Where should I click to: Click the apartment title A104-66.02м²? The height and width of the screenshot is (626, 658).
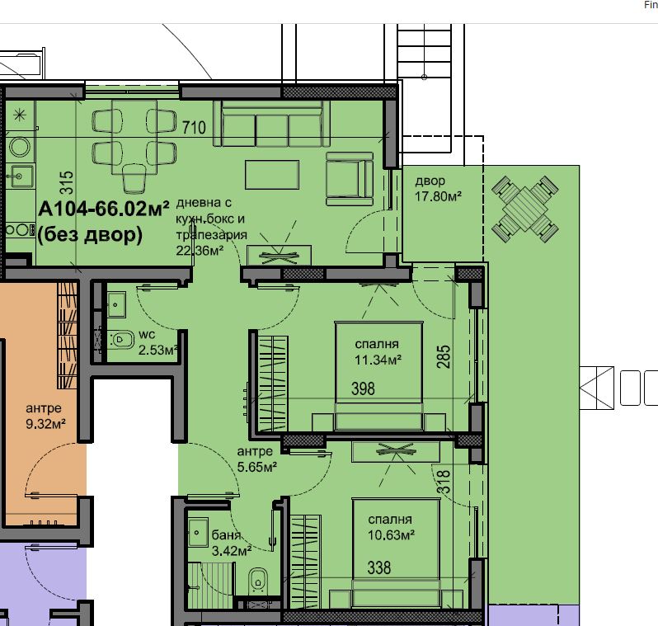104,209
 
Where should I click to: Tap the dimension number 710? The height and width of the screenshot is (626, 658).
194,128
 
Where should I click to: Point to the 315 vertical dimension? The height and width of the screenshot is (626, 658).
67,182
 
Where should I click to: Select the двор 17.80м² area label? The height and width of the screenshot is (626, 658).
438,189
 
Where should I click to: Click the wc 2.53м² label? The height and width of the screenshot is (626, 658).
157,342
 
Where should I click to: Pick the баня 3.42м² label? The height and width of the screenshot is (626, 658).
231,543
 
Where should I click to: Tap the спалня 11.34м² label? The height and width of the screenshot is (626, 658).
378,352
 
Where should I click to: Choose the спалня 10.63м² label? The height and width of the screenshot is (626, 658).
391,527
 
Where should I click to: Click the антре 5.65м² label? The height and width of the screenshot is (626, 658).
256,459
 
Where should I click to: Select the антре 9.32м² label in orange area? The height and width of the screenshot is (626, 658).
45,416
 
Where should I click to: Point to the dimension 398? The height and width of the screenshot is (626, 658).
363,388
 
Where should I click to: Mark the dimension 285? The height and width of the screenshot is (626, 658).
444,356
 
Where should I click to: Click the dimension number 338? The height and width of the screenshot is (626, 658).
379,568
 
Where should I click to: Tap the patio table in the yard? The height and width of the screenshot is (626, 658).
525,209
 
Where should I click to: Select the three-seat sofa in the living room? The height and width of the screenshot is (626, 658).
271,123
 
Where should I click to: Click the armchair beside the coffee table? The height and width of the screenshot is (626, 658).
350,179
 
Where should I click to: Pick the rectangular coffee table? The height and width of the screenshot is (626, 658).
272,175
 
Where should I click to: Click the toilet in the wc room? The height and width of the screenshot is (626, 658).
121,339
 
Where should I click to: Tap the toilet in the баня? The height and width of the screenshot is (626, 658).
258,581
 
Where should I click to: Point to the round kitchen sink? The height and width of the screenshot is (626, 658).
19,147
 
